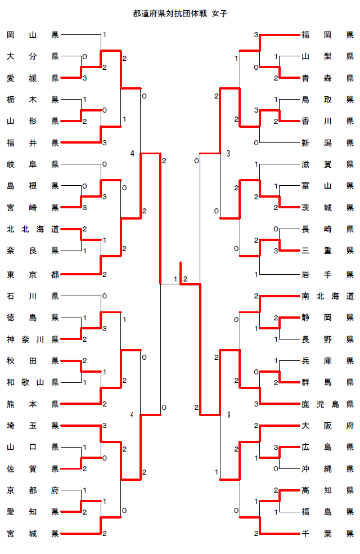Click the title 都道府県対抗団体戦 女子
coord(181,13)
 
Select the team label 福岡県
coord(327,35)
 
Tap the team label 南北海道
coord(327,296)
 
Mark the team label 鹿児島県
coord(327,404)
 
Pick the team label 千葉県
coord(327,533)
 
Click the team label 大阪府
coord(327,426)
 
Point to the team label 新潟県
coord(327,143)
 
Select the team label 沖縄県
coord(327,468)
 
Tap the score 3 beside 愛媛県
coord(84,77)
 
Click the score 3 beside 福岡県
coord(256,35)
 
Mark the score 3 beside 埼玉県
coord(105,426)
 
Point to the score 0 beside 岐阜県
coord(105,164)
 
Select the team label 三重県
coord(327,250)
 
